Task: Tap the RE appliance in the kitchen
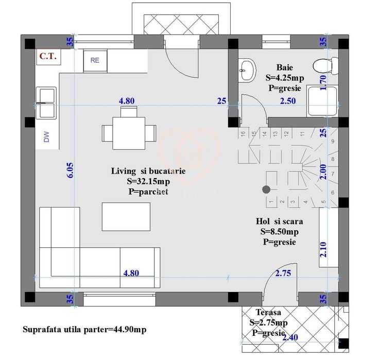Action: (x=95, y=60)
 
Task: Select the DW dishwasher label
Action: (x=46, y=136)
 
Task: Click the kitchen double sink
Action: (x=46, y=101)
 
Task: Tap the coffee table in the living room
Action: (x=126, y=217)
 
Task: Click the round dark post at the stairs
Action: (x=266, y=190)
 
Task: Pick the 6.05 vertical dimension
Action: (x=70, y=170)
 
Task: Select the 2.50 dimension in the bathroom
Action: (x=287, y=101)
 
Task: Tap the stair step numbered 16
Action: (x=242, y=134)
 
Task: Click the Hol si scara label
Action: (x=279, y=221)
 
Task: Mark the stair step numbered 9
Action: (x=333, y=141)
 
